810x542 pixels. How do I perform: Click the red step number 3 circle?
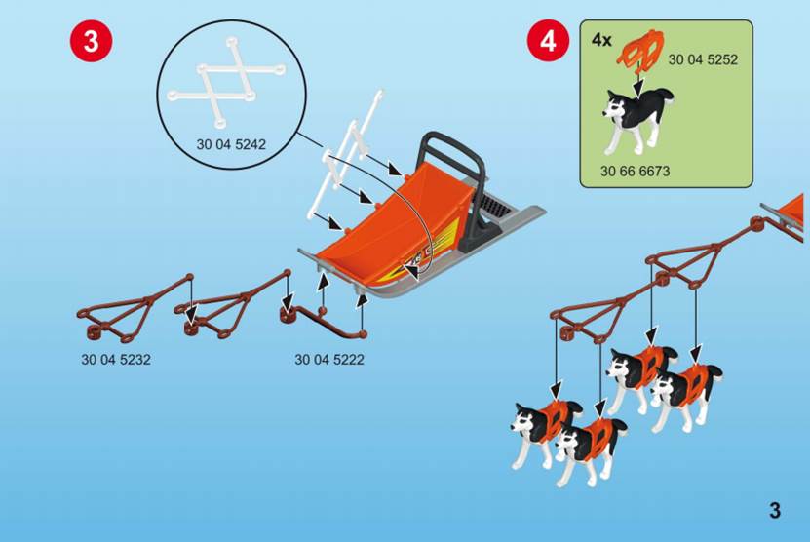click(x=91, y=40)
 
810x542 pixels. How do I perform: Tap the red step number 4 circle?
click(x=548, y=40)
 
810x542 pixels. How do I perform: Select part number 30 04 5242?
click(x=231, y=144)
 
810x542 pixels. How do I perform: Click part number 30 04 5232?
click(x=116, y=360)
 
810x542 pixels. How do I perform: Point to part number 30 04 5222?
click(x=329, y=360)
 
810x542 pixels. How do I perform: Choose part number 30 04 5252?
click(x=703, y=59)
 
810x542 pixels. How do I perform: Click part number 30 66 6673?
click(x=635, y=171)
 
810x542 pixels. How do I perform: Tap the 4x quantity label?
click(x=601, y=40)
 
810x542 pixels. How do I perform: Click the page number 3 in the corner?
click(x=775, y=511)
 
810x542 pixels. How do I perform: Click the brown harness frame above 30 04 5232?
click(x=135, y=310)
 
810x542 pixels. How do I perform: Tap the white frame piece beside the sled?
click(x=343, y=155)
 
